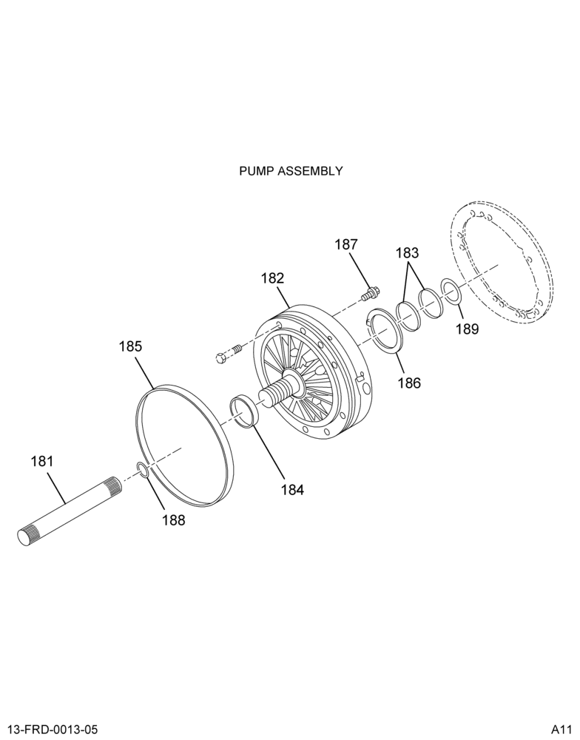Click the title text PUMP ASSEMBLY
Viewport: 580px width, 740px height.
coord(291,171)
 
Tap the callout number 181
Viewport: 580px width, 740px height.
coord(42,460)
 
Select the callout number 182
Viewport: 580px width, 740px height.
coord(273,278)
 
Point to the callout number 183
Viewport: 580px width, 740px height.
coord(408,253)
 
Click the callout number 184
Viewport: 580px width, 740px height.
coord(293,490)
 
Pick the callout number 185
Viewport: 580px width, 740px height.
coord(130,346)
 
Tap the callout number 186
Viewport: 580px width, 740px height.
coord(408,383)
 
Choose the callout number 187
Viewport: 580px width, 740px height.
coord(346,244)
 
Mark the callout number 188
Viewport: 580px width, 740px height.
coord(174,520)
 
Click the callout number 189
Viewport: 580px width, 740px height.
coord(468,329)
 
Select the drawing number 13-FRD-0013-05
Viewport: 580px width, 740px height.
coord(53,730)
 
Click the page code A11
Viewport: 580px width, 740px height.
coord(561,730)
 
